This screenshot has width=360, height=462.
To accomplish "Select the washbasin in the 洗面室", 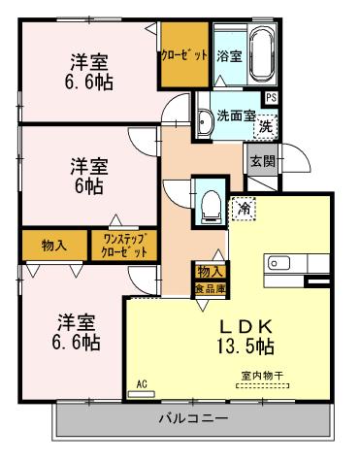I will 207,123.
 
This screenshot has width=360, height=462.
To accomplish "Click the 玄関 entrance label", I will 260,161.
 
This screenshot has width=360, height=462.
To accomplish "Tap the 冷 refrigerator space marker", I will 240,207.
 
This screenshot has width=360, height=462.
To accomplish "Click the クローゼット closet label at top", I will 184,55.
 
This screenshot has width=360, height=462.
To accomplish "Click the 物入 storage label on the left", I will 53,243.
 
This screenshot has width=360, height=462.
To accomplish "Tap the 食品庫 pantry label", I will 210,288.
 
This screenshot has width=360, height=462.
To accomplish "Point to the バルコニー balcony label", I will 194,419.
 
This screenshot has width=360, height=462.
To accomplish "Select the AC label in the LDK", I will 142,384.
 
